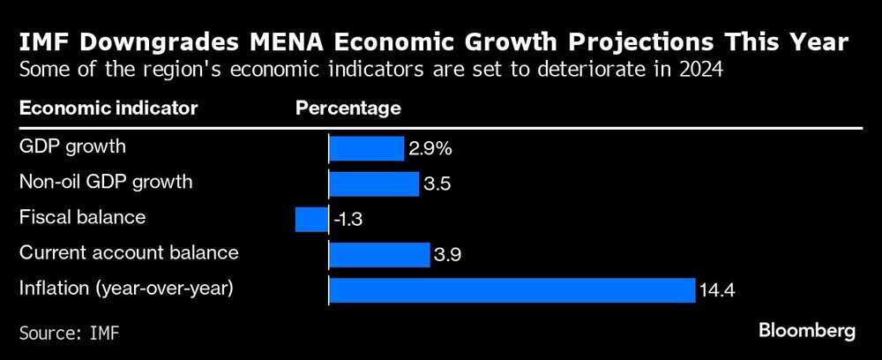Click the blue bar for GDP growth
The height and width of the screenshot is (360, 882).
(x=366, y=148)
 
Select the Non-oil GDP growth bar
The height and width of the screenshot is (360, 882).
(x=373, y=184)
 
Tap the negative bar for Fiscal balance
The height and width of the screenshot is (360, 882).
(x=311, y=219)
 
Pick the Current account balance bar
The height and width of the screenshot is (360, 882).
(x=378, y=254)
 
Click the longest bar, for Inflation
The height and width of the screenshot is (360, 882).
(x=512, y=289)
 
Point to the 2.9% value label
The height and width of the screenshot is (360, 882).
(x=428, y=149)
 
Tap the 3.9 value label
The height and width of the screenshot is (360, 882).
(x=446, y=255)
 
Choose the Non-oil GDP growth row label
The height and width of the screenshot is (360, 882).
(x=105, y=182)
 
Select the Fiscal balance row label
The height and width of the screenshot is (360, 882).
(x=82, y=217)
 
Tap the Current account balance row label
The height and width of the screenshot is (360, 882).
(x=129, y=252)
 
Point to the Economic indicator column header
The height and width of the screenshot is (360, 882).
(x=108, y=109)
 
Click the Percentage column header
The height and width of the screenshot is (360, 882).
(x=348, y=109)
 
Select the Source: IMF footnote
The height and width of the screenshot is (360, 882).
(x=69, y=334)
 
